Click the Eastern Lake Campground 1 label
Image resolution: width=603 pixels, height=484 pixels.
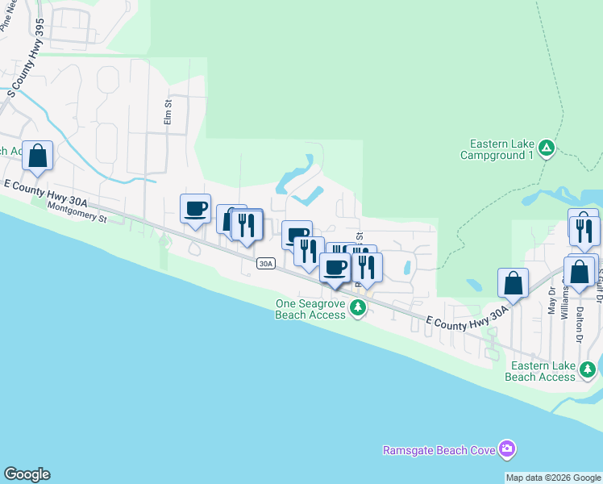click(497, 149)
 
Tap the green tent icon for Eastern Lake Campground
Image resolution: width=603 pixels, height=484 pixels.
click(547, 148)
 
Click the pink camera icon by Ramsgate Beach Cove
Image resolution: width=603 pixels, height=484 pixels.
click(506, 449)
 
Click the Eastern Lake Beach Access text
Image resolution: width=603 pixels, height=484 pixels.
click(541, 371)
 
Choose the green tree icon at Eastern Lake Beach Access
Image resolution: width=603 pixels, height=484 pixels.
click(588, 369)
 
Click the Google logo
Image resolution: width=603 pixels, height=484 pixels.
click(27, 474)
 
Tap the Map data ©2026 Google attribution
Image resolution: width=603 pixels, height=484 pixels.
click(554, 478)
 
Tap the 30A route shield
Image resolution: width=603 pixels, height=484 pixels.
click(266, 264)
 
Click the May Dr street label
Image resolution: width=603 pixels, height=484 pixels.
click(551, 305)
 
